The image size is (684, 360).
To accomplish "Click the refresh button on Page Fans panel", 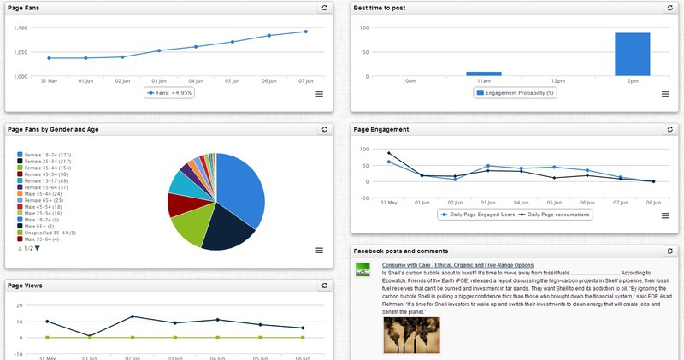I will [x=324, y=8].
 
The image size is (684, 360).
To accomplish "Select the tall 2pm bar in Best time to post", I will [x=633, y=55].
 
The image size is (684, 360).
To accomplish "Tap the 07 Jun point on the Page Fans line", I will [x=305, y=32].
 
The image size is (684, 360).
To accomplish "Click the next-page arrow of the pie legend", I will [x=38, y=248].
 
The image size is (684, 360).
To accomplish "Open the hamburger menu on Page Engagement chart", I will [x=664, y=215].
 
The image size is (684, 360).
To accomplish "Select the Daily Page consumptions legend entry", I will [x=557, y=215].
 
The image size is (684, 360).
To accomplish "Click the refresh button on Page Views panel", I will [x=324, y=286].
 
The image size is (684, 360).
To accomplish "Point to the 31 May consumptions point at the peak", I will [x=389, y=154].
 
